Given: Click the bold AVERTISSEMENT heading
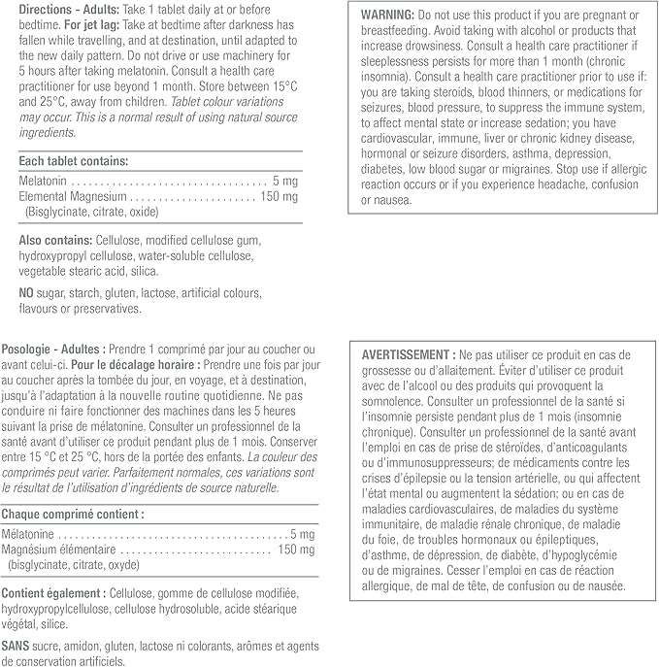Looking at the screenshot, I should coord(405,354).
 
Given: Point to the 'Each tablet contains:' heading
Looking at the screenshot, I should coord(73,160).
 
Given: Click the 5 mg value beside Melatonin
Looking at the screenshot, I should coord(285,182).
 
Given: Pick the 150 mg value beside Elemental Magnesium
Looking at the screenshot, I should coord(279,196).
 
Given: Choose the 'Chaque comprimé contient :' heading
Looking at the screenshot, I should coord(74,514).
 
